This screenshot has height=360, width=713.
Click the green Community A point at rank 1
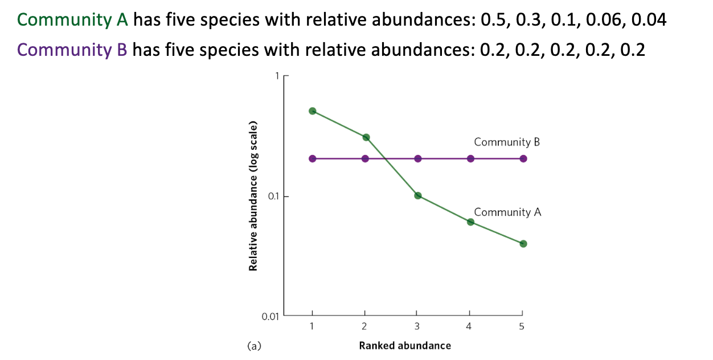(x=312, y=111)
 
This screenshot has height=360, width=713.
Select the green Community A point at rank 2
(x=366, y=137)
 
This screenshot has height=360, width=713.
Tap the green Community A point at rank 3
(x=417, y=196)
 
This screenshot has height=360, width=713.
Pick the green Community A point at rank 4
(x=470, y=222)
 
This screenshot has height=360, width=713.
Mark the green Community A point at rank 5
(x=523, y=244)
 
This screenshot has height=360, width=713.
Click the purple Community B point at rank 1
(x=312, y=158)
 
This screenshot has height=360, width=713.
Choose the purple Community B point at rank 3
(x=417, y=158)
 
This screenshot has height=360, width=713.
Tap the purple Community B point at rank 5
(x=523, y=158)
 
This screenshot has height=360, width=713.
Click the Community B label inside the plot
(x=506, y=142)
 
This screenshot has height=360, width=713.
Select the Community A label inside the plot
(x=507, y=212)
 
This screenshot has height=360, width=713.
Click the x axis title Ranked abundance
(x=404, y=346)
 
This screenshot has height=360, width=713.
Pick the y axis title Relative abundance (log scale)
(x=252, y=196)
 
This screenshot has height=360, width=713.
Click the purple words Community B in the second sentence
(x=72, y=50)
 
